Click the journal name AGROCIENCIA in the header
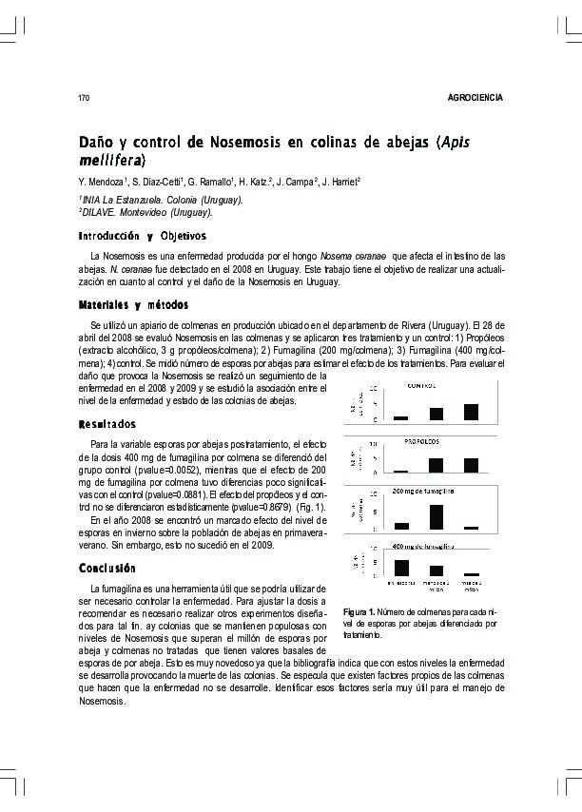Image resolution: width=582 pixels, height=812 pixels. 475,99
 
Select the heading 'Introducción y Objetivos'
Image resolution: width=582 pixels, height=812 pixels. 142,235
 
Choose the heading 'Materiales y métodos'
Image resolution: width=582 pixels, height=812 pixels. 133,304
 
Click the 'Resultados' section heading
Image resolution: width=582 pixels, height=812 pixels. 107,423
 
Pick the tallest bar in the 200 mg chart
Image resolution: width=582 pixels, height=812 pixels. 436,516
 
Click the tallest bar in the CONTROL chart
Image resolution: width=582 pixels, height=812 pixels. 471,411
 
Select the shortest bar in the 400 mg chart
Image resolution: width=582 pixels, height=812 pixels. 471,574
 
